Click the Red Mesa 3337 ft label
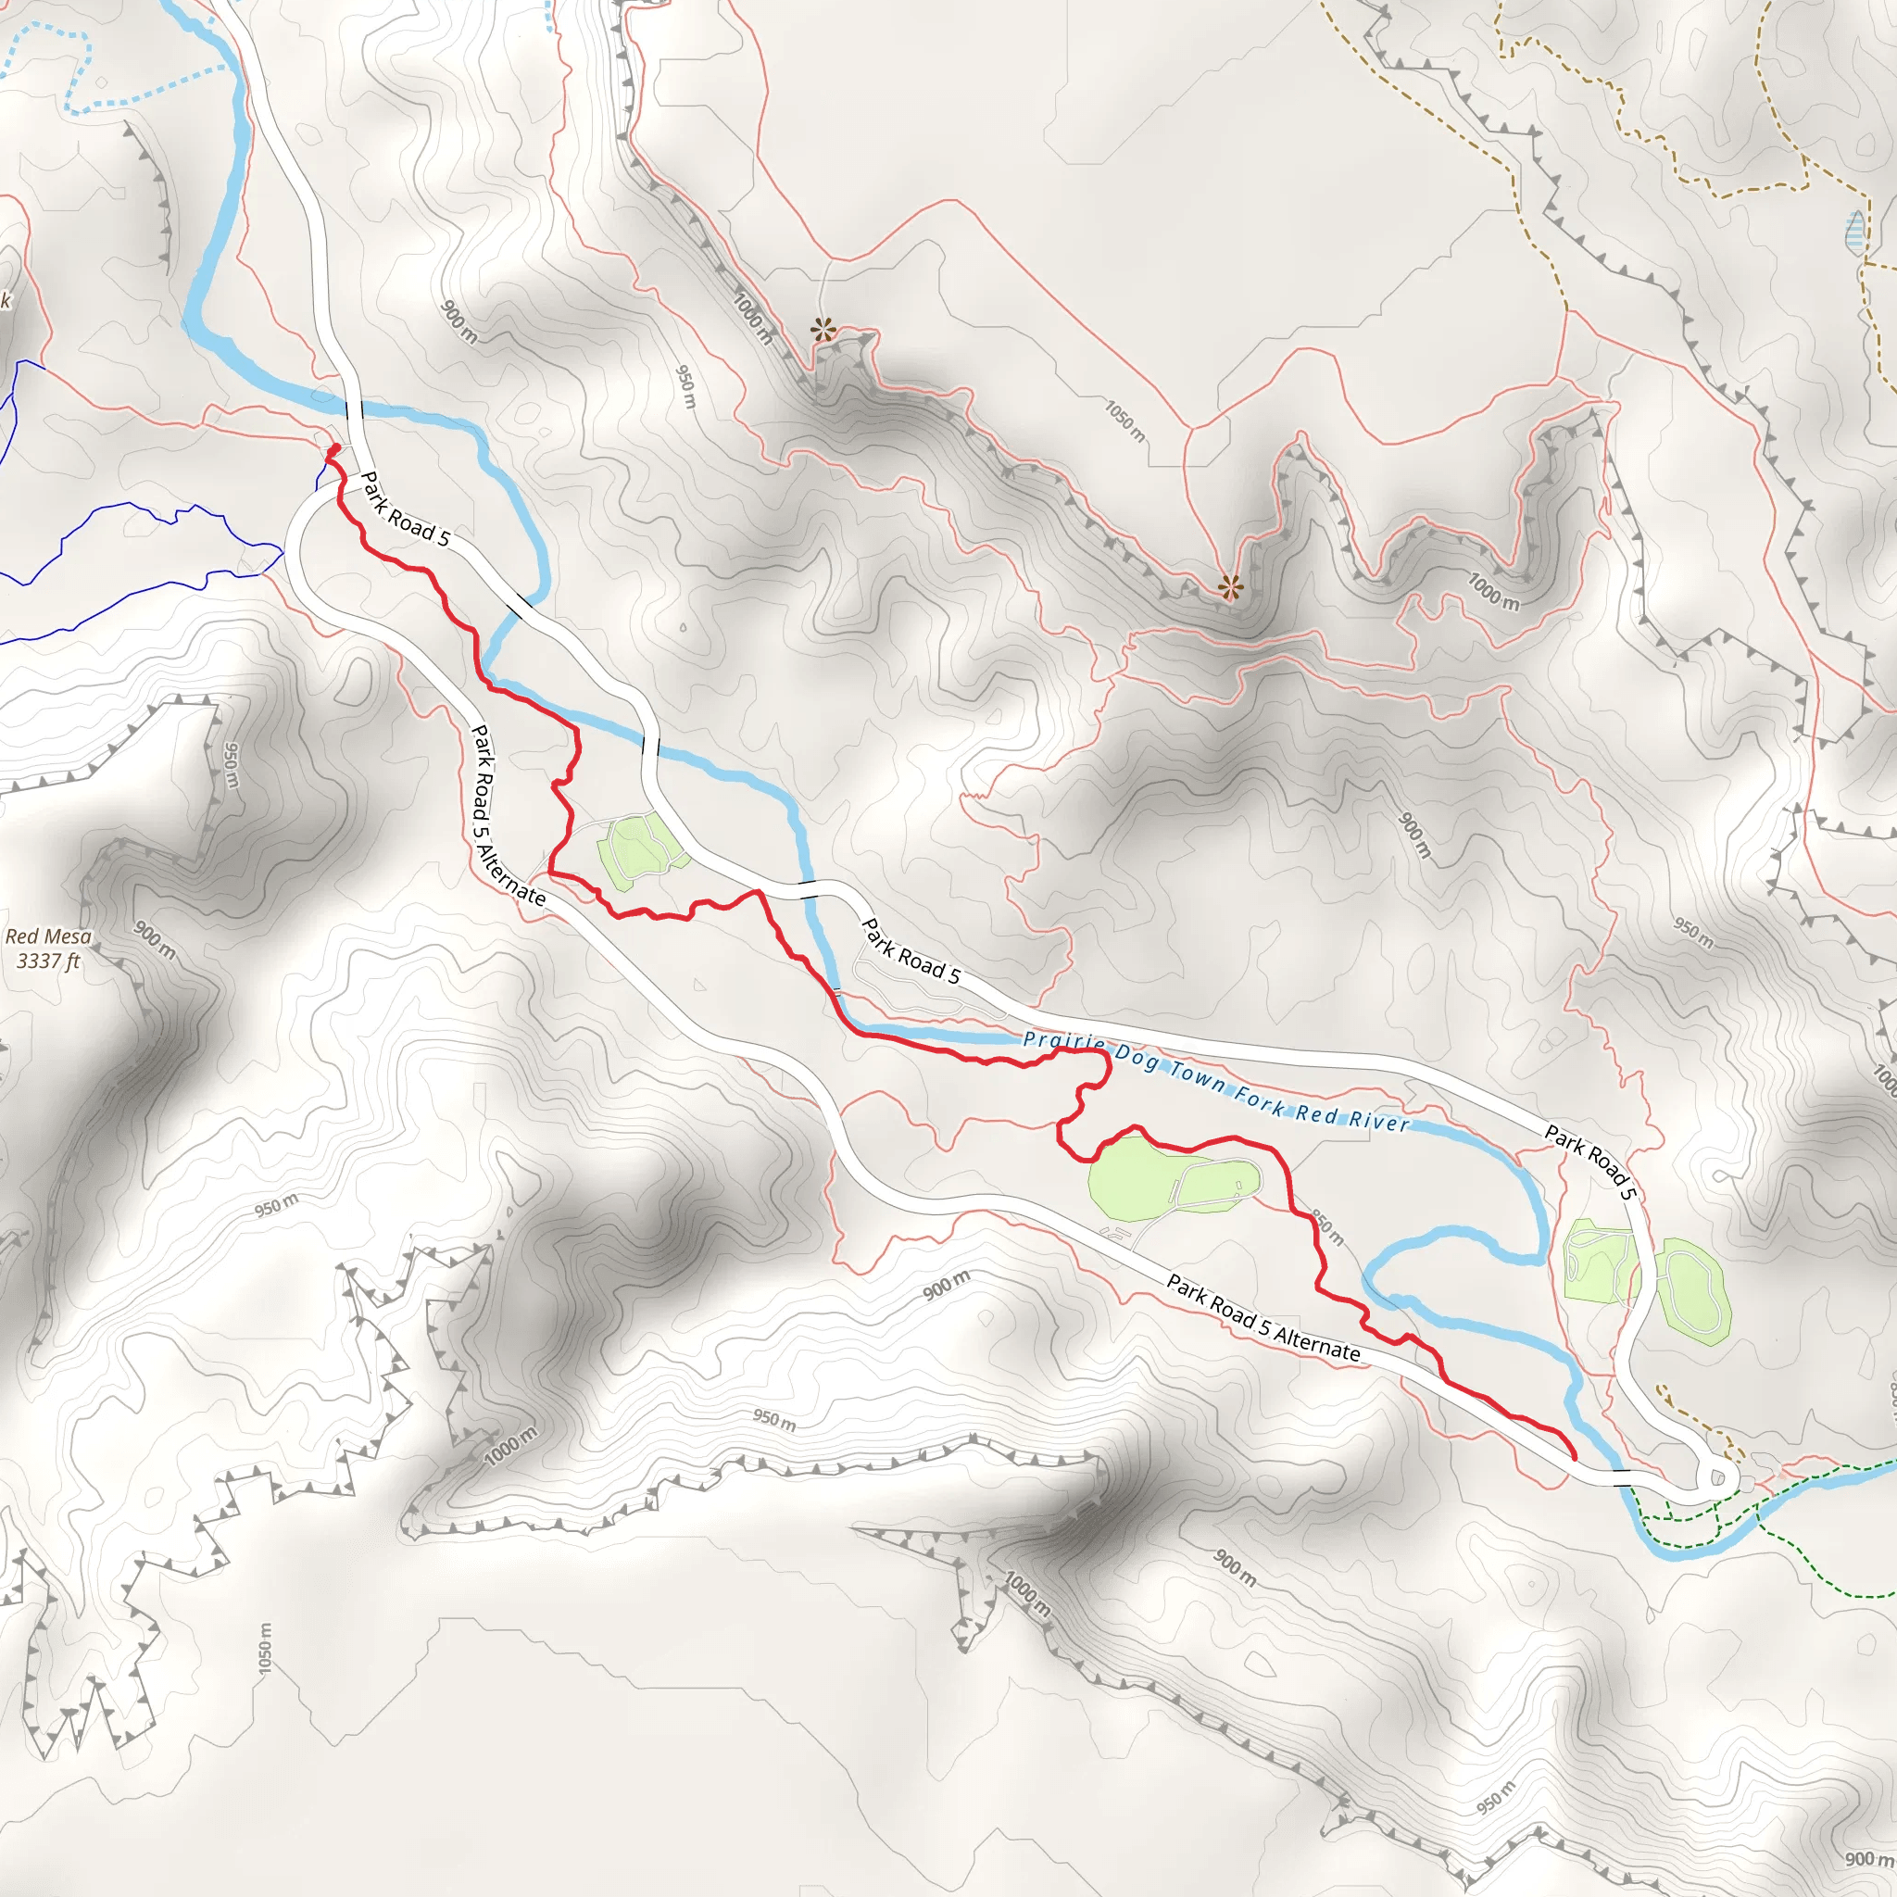tap(48, 948)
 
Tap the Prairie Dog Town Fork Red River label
tap(1215, 1081)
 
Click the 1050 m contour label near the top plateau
tap(1124, 421)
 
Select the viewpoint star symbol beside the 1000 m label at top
tap(823, 330)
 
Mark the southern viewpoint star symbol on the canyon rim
tap(1230, 588)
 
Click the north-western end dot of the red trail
tap(333, 448)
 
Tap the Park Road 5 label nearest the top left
tap(405, 509)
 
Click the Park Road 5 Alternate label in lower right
tap(1263, 1318)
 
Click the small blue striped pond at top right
tap(1854, 232)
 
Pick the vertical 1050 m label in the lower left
tap(264, 1649)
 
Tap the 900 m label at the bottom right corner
tap(1866, 1859)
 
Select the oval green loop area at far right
tap(1693, 1290)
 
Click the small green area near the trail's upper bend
tap(638, 850)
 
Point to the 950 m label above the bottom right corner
tap(1495, 1797)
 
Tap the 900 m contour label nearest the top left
tap(459, 322)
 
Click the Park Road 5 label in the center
tap(911, 949)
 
